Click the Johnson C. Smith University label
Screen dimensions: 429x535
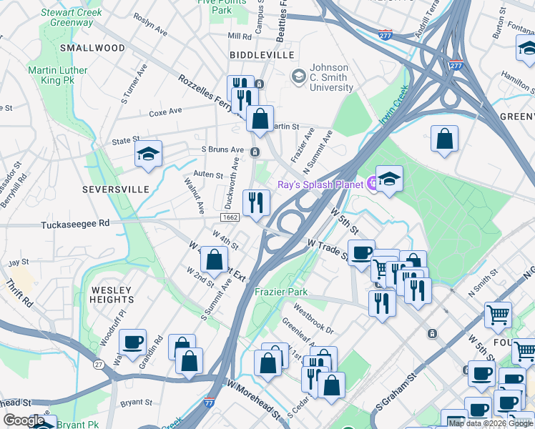329,77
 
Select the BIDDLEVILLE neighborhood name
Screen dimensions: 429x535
262,55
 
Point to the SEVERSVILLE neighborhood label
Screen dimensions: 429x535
115,189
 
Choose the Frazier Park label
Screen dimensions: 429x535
281,292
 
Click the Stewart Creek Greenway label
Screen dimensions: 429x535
71,17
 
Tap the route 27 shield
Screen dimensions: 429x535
98,365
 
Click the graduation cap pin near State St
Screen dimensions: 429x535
148,154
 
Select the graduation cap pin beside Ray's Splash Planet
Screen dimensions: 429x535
389,179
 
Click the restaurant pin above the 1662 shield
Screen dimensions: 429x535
255,202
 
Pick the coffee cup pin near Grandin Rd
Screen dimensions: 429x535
132,342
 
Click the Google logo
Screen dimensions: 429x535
24,420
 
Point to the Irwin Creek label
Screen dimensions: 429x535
393,105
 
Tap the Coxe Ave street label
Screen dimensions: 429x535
165,112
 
